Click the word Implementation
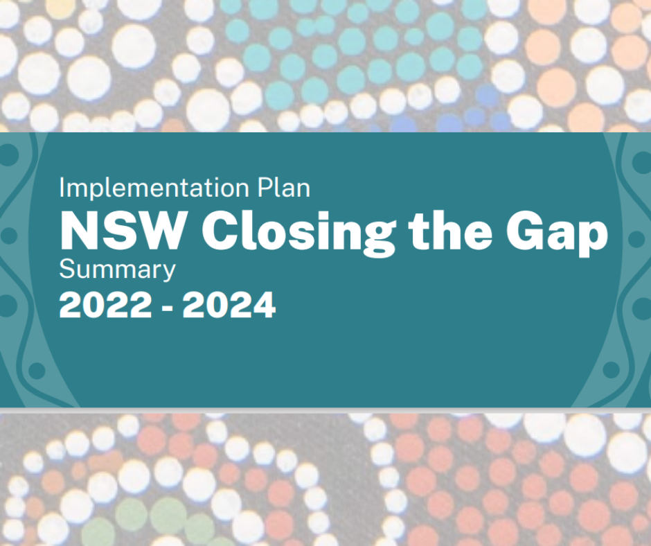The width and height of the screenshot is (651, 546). (x=154, y=188)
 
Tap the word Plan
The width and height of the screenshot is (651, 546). (x=283, y=187)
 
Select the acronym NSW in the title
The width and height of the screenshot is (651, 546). (x=122, y=230)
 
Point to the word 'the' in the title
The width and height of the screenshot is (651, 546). (x=450, y=230)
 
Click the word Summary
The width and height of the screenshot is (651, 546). (x=118, y=270)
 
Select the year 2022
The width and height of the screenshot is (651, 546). (x=105, y=305)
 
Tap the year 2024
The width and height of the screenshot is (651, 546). (x=229, y=305)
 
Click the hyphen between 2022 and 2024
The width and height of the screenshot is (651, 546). (x=167, y=308)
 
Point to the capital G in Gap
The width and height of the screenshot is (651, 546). (x=524, y=230)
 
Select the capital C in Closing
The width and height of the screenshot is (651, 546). (x=220, y=230)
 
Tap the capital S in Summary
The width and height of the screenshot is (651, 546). (x=67, y=269)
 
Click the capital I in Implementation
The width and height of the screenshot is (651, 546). (x=62, y=187)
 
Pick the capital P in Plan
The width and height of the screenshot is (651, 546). (x=265, y=187)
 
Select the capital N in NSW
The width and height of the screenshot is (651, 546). (x=78, y=230)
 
